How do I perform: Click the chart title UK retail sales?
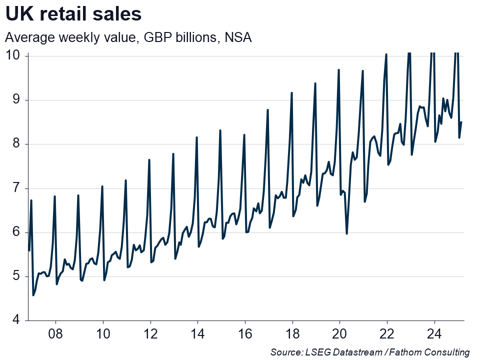pos(73,14)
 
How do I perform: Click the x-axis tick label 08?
pos(55,333)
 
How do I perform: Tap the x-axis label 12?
pos(150,333)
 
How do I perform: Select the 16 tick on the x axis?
pos(245,333)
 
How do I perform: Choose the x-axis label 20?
pos(339,333)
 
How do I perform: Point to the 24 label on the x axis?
pos(434,333)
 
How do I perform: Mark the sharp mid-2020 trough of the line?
pos(347,233)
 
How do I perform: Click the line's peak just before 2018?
pos(291,93)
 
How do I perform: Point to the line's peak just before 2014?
pos(196,137)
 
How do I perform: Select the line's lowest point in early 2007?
pos(33,295)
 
